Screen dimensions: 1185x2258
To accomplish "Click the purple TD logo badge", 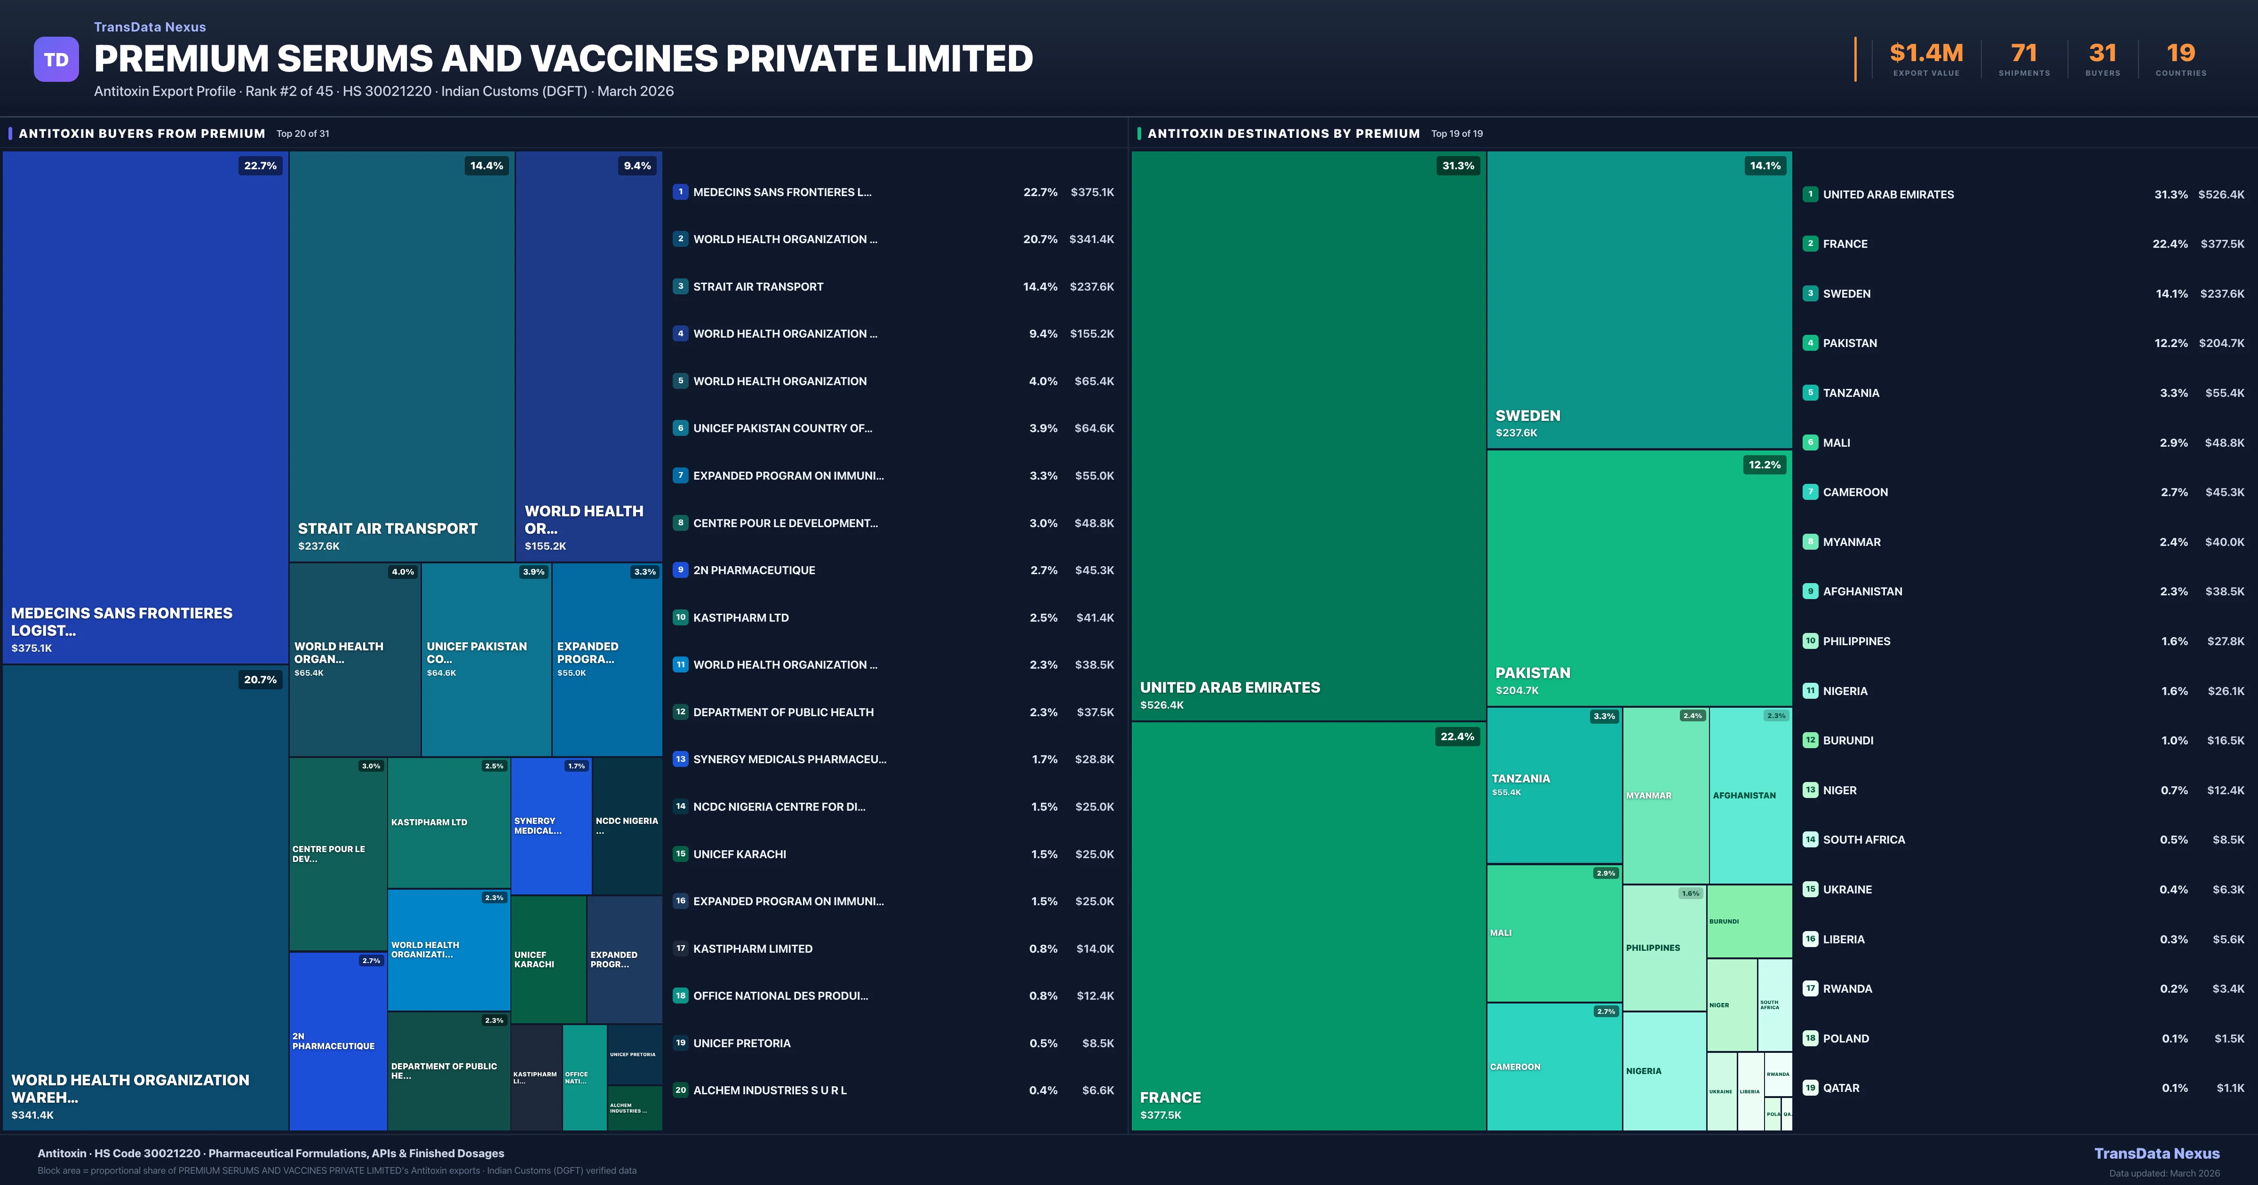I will pyautogui.click(x=56, y=60).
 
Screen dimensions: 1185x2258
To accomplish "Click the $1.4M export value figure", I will pyautogui.click(x=1926, y=54).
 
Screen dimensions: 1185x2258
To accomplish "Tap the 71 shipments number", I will pyautogui.click(x=2024, y=54).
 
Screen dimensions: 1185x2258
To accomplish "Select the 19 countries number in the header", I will pyautogui.click(x=2180, y=54).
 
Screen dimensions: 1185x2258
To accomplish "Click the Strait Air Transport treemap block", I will pyautogui.click(x=401, y=356).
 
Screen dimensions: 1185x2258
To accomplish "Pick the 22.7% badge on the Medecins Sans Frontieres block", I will pyautogui.click(x=260, y=166).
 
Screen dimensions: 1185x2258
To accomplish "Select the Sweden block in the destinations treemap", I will pyautogui.click(x=1639, y=300).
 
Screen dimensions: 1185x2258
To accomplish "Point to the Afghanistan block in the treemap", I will pyautogui.click(x=1749, y=795).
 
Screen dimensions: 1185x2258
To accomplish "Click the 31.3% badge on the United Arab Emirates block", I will pyautogui.click(x=1458, y=166).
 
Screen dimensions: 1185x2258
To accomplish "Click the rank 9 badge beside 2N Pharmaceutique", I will pyautogui.click(x=680, y=570).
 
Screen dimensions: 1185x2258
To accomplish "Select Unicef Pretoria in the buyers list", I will pyautogui.click(x=741, y=1043).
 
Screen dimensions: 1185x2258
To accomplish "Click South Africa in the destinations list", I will pyautogui.click(x=1863, y=840).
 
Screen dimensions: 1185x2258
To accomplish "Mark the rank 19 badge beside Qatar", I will pyautogui.click(x=1810, y=1088).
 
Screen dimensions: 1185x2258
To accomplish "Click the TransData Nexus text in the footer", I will pyautogui.click(x=2156, y=1153).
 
